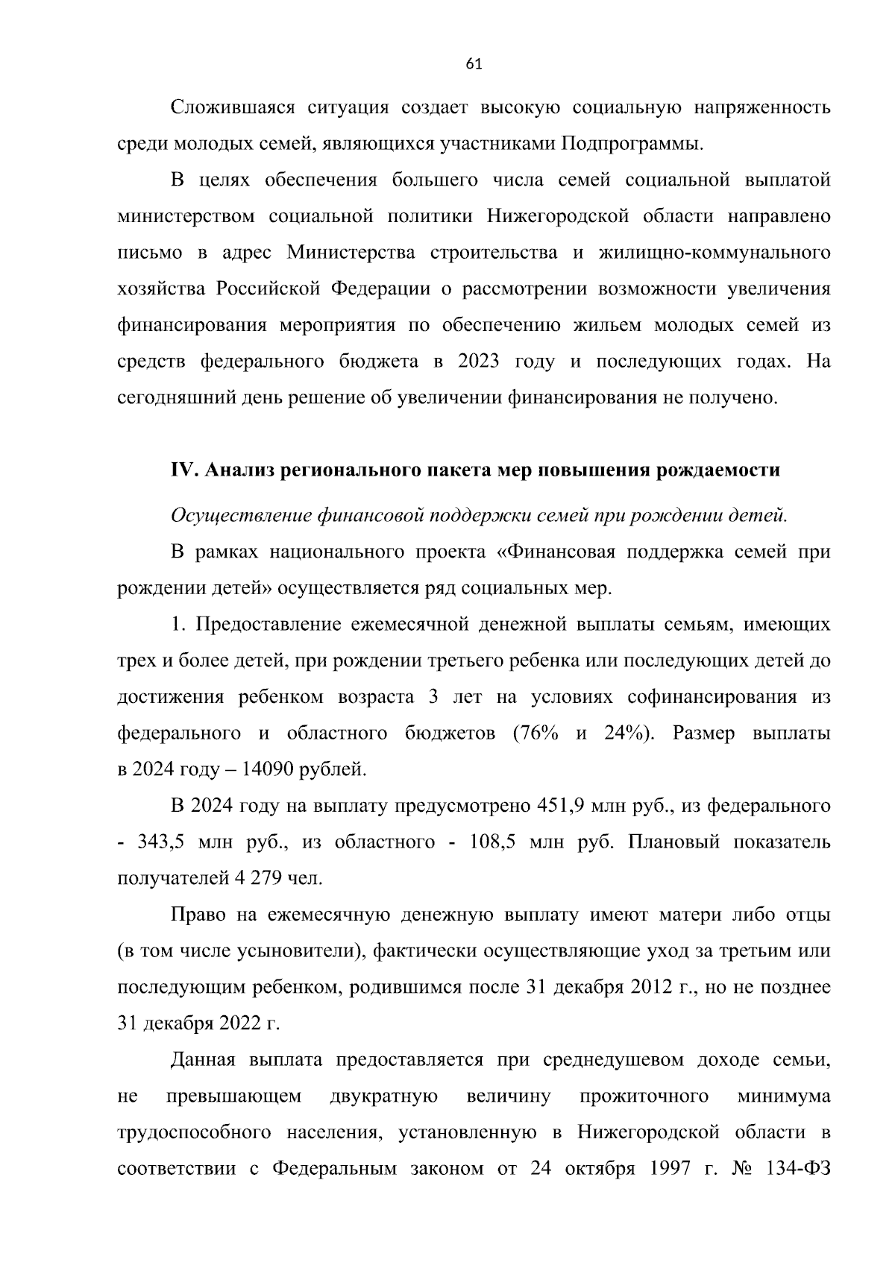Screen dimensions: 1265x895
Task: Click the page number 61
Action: [474, 64]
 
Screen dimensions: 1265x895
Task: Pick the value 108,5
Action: [493, 842]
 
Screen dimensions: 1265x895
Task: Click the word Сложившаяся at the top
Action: [230, 107]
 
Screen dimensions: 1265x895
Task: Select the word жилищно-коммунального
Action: [715, 253]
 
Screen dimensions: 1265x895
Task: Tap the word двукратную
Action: [383, 1097]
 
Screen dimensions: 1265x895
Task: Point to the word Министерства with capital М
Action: [351, 253]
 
